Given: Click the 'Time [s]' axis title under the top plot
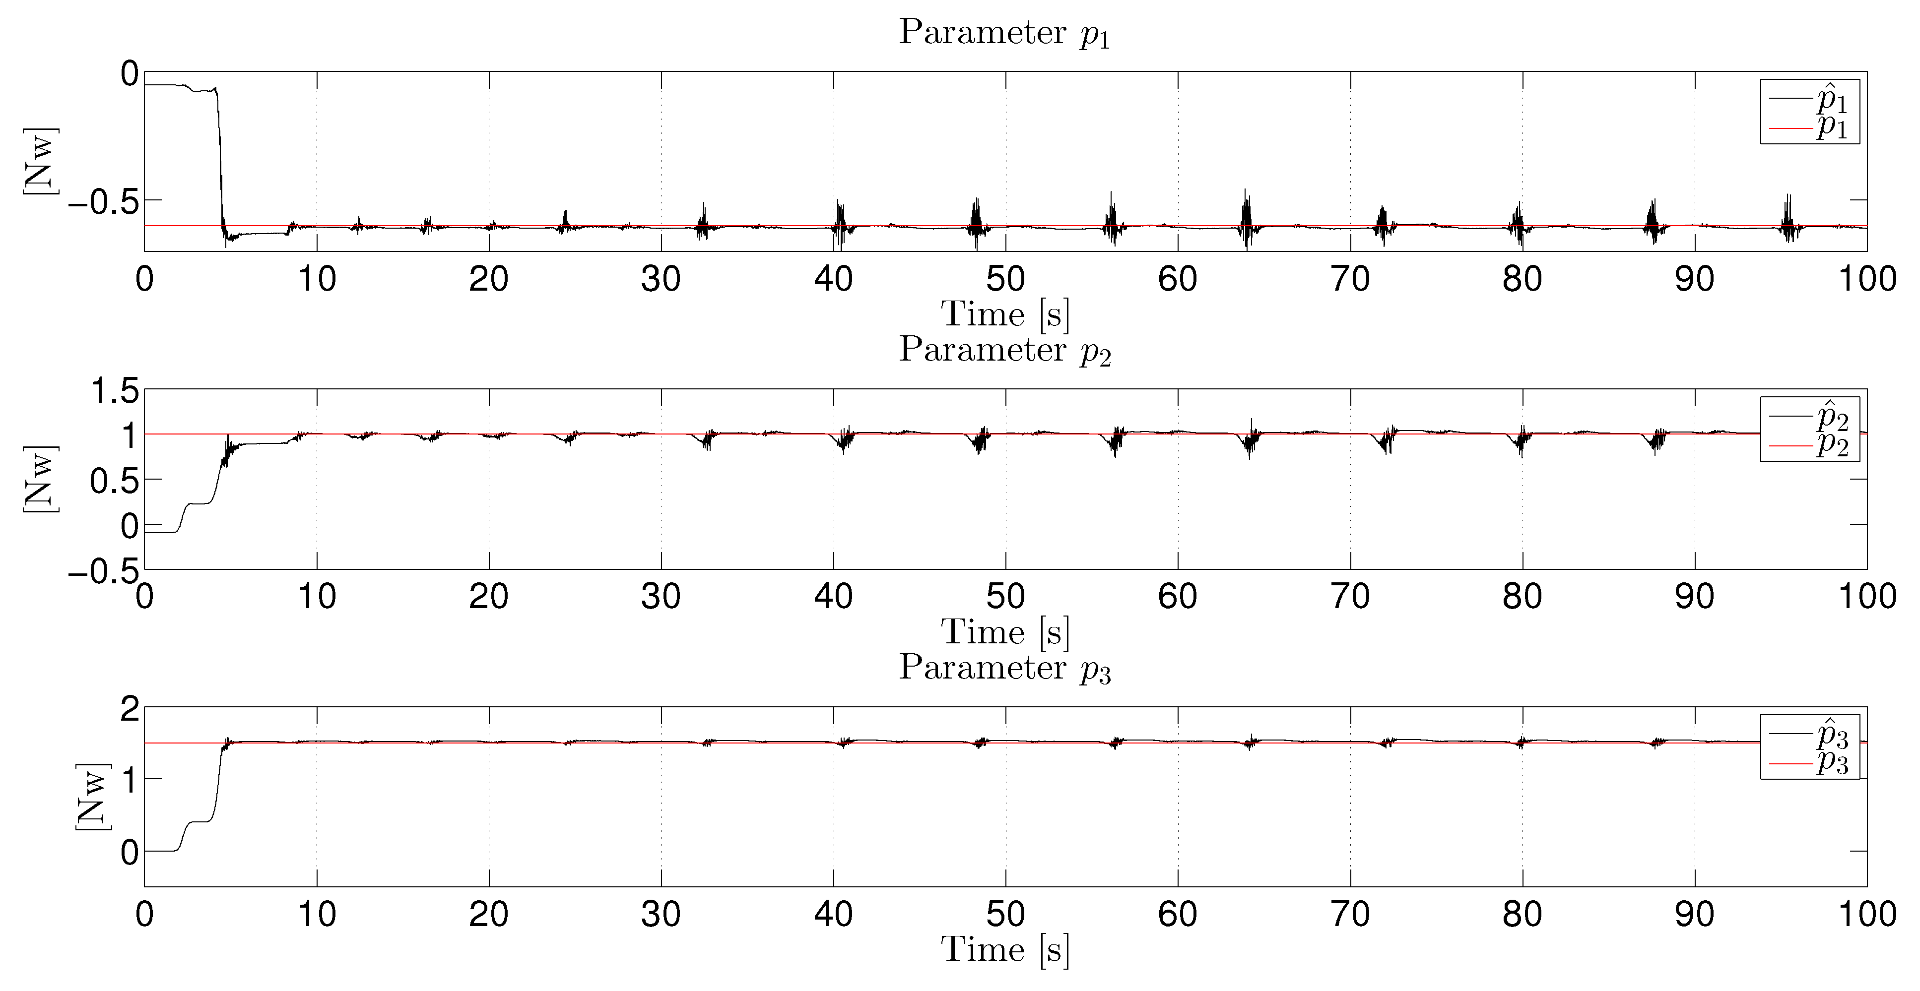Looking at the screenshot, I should (x=1005, y=314).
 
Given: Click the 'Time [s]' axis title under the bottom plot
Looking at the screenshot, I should (x=1005, y=950).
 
